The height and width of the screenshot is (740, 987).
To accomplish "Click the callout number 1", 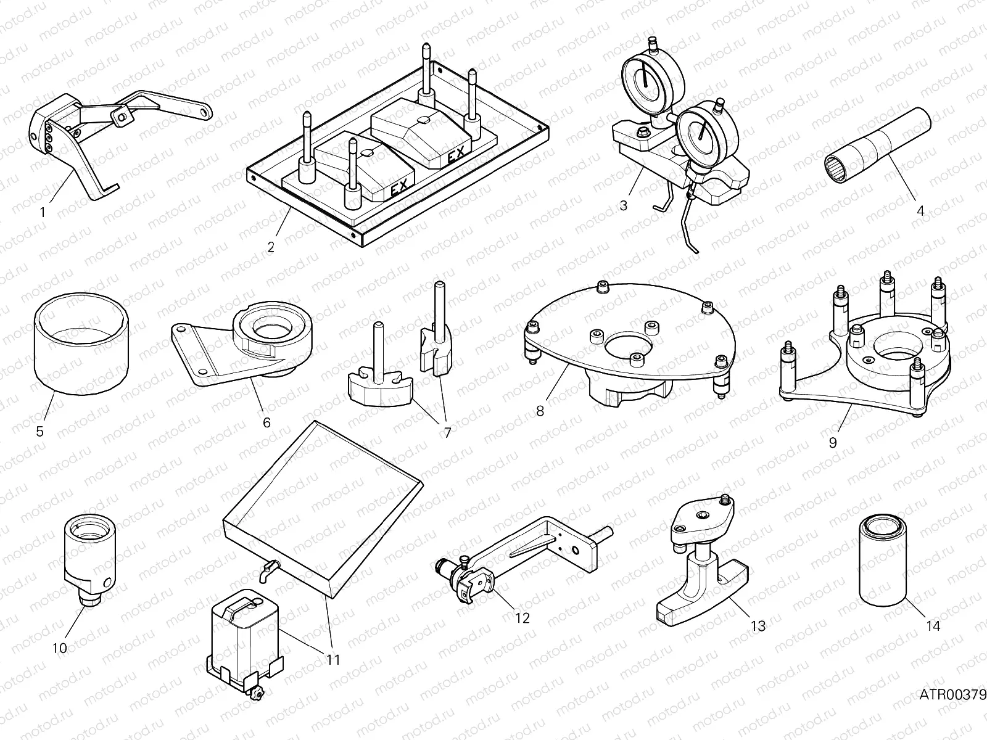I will click(x=42, y=213).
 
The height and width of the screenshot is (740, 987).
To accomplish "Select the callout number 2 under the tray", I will click(x=271, y=248).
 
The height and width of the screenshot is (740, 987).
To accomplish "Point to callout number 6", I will click(x=266, y=422).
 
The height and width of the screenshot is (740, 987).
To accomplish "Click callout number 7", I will click(x=447, y=433).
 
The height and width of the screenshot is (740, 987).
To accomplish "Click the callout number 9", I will click(x=833, y=443).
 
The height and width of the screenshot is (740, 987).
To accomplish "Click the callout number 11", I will click(x=332, y=660).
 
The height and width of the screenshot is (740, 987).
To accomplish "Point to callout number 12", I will click(x=522, y=618).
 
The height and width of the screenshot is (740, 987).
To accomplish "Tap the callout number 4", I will click(x=920, y=210).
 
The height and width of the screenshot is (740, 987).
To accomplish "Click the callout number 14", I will click(x=933, y=626).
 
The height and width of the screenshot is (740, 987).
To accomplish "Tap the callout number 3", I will click(x=623, y=205).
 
